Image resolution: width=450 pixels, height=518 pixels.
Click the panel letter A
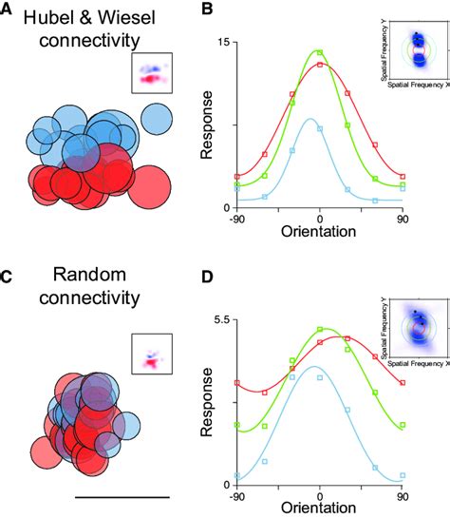(8, 10)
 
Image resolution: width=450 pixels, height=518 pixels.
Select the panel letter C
(8, 278)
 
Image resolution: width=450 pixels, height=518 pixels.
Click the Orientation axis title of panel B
(320, 231)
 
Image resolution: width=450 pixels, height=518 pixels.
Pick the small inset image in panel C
(152, 353)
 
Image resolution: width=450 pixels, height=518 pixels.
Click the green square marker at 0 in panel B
(320, 53)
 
